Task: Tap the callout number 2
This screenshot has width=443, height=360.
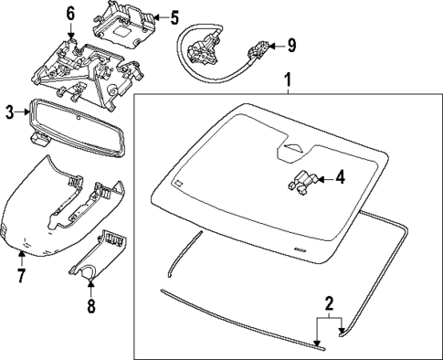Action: click(x=329, y=304)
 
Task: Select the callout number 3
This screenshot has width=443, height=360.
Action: click(x=10, y=112)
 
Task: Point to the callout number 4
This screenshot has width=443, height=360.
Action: click(x=340, y=177)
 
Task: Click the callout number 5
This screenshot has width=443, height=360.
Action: click(x=174, y=17)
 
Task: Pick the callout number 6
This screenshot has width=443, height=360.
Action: click(x=70, y=14)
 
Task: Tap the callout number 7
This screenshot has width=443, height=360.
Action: click(x=21, y=275)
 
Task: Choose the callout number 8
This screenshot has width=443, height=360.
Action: click(x=91, y=305)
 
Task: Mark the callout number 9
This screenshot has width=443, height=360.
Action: click(x=291, y=46)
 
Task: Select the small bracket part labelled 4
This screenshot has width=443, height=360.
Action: click(x=303, y=182)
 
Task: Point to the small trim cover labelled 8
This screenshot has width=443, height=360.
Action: click(x=98, y=255)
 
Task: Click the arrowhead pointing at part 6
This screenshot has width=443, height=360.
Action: click(x=70, y=36)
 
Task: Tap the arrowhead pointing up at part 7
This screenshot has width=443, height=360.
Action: click(x=21, y=253)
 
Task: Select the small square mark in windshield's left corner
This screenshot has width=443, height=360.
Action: click(x=178, y=183)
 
